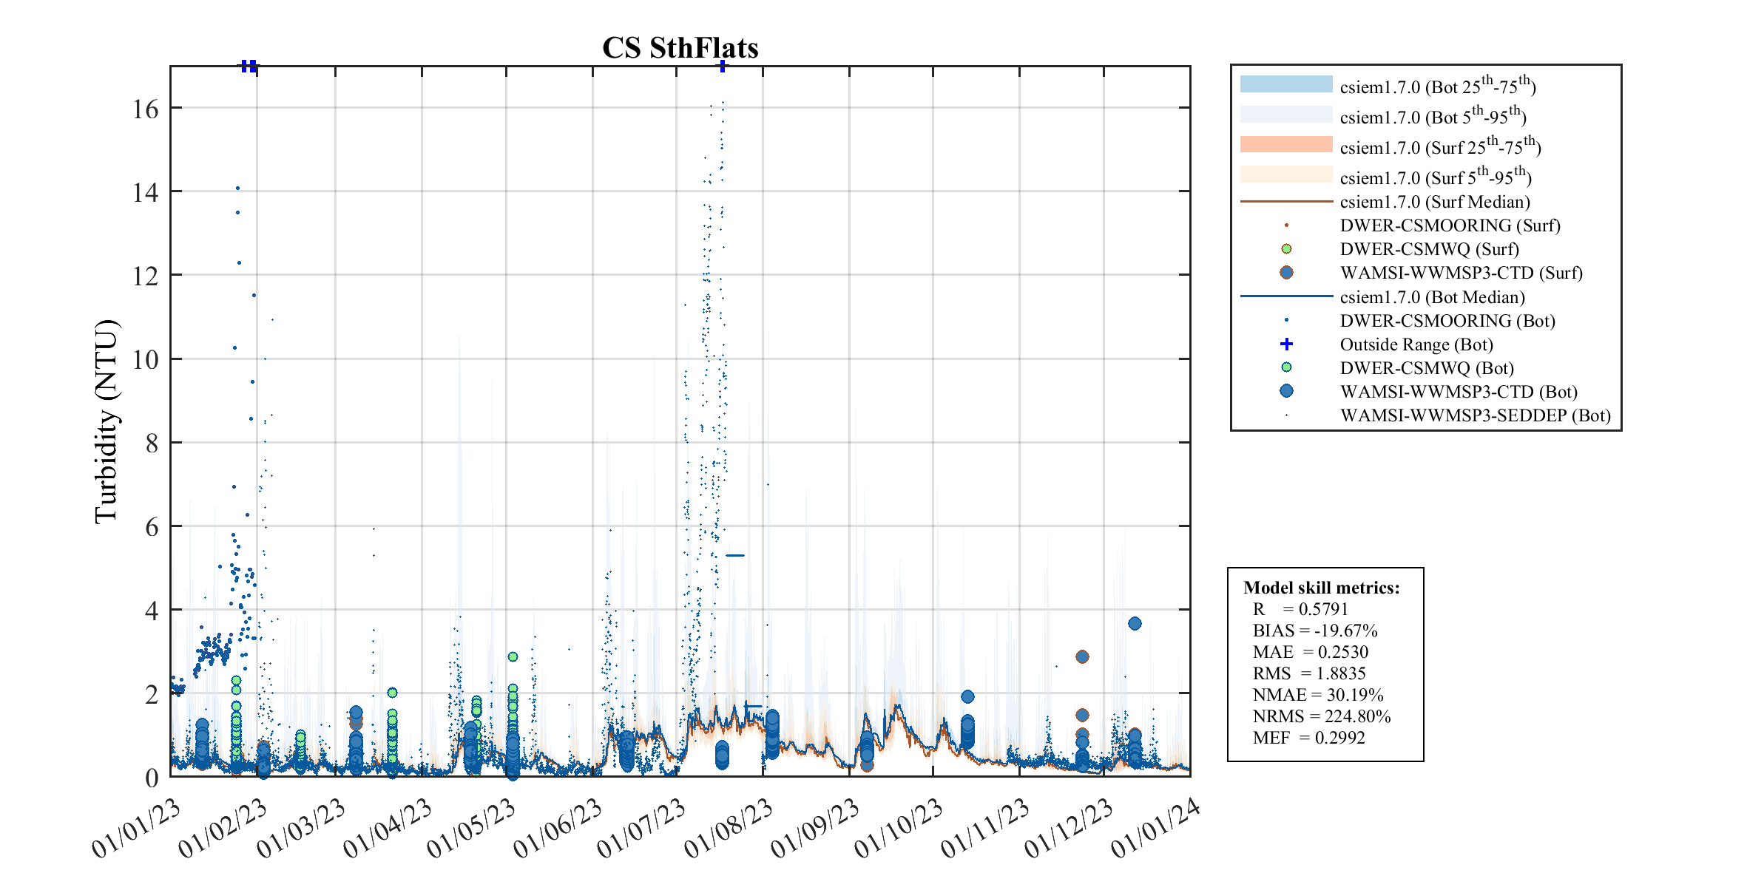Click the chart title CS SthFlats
(x=680, y=48)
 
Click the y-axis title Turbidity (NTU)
(x=107, y=421)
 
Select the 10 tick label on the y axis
(x=146, y=360)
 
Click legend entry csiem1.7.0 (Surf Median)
(x=1434, y=202)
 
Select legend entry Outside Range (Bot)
(x=1416, y=344)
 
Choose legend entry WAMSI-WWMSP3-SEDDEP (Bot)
(x=1475, y=415)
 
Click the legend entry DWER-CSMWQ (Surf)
(x=1429, y=249)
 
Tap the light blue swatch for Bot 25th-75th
(x=1285, y=84)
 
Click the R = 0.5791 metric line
(x=1300, y=609)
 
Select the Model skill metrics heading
(x=1321, y=588)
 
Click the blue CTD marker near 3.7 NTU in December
(x=1135, y=623)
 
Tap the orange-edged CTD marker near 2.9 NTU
(x=1082, y=656)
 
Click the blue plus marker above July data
(x=723, y=66)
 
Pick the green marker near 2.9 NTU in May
(x=513, y=656)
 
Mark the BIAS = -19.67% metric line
(x=1314, y=631)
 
